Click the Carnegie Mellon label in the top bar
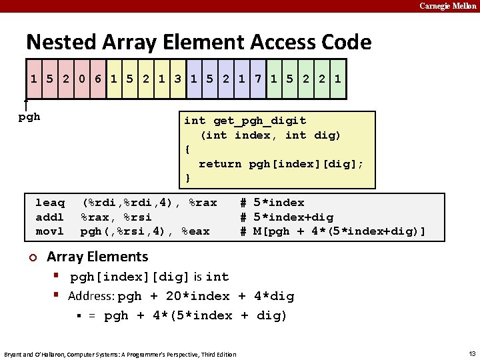click(447, 6)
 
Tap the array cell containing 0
click(81, 79)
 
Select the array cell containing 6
click(97, 79)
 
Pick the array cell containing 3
click(177, 79)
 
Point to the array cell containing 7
click(257, 79)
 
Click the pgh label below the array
click(29, 117)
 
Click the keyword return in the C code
click(220, 163)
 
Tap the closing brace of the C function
click(188, 178)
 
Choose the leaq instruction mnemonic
click(50, 203)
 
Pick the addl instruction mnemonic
click(50, 217)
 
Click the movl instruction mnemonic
click(50, 231)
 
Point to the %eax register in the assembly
click(195, 231)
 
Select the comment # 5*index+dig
click(287, 217)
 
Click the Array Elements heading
click(97, 257)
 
